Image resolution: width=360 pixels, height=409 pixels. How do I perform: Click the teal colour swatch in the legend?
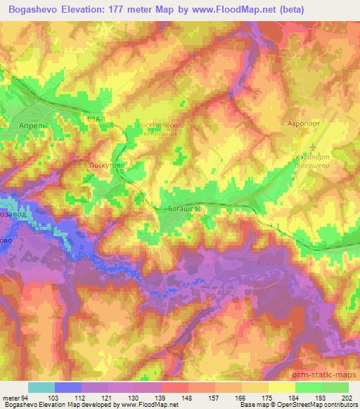pyautogui.click(x=41, y=387)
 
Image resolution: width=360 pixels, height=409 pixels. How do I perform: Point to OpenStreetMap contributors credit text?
pyautogui.click(x=321, y=405)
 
